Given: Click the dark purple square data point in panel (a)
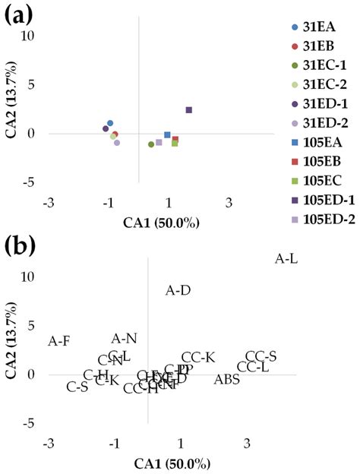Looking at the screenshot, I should coord(189,110).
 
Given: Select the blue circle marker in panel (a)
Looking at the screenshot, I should coord(110,123).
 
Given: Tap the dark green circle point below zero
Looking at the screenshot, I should coord(151,144).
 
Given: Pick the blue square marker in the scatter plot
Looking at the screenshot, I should coord(168,134).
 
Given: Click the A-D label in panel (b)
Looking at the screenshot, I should coord(178,290).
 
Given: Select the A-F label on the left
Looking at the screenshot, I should coord(59,341).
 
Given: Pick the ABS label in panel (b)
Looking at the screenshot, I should coord(226,379).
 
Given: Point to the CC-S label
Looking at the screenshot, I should coord(261,356).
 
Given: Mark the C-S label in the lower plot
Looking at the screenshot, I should coord(77,387).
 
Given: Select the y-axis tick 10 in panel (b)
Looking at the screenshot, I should coord(28,277).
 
